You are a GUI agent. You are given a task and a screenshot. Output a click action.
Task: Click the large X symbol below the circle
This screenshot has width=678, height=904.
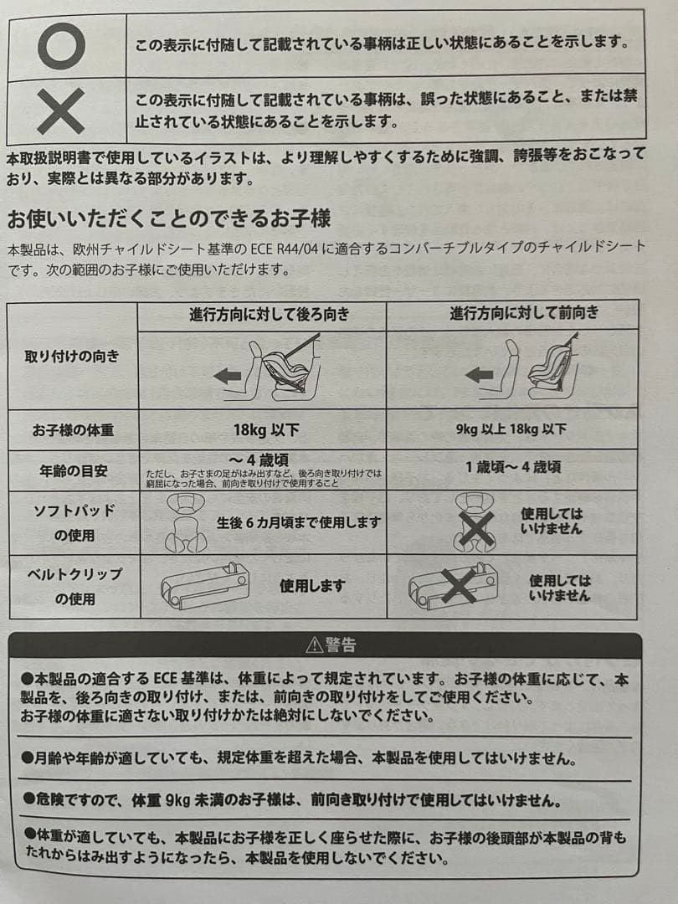tap(60, 110)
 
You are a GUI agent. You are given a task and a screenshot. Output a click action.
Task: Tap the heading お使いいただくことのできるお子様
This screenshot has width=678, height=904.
tap(169, 219)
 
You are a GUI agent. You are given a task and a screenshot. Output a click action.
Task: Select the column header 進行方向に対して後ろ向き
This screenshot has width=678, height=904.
tap(270, 314)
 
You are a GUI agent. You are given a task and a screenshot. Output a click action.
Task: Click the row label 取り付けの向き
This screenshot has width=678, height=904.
tap(72, 357)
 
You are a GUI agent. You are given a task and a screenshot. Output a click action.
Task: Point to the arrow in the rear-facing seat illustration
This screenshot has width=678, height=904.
tap(227, 377)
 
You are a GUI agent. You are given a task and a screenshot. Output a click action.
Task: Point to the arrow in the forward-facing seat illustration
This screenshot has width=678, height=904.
tap(479, 375)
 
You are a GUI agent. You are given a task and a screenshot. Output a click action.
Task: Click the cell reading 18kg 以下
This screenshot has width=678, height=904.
tap(266, 430)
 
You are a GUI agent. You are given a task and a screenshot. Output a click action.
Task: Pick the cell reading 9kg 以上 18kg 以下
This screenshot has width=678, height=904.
tap(511, 429)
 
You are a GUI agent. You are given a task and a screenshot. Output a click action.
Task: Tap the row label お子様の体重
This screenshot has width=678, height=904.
tap(73, 430)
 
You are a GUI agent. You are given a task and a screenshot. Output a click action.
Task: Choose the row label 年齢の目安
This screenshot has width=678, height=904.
tap(74, 471)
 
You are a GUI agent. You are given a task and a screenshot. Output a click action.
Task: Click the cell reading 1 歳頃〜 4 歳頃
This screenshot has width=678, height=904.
tap(513, 467)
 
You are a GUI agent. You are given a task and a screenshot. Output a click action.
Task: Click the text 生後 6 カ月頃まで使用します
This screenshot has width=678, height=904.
tap(299, 523)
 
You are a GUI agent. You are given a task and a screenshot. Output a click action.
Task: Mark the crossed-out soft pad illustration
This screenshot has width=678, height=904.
tap(475, 521)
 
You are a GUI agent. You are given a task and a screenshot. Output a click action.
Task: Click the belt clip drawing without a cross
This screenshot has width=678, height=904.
tap(205, 586)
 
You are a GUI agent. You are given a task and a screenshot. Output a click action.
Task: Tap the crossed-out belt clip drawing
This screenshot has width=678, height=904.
tap(453, 586)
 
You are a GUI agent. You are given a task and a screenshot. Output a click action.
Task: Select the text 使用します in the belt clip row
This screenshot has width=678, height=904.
tap(312, 586)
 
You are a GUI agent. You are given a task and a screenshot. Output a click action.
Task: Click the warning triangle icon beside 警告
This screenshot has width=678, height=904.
tap(314, 645)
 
